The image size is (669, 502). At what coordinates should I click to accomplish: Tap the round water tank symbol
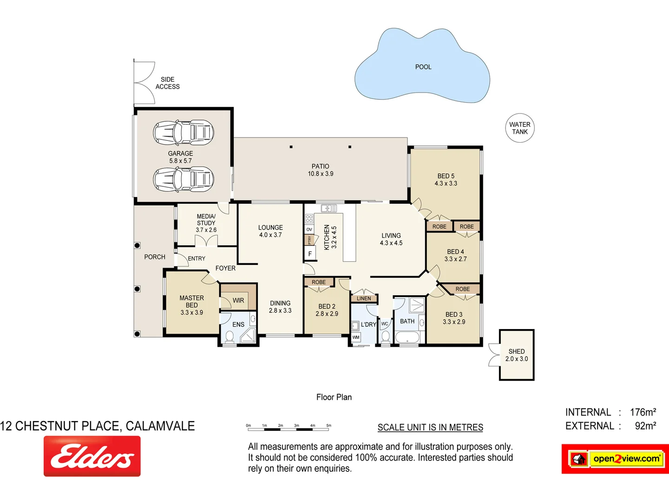pos(519,128)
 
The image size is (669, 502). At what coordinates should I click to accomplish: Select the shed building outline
pos(517,355)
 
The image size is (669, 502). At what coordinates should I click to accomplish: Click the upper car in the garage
pos(184,132)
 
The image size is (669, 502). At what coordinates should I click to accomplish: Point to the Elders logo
pos(92,456)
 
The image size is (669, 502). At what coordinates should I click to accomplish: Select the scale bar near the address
pos(289,425)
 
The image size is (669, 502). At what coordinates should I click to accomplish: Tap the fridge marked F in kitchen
pos(310,254)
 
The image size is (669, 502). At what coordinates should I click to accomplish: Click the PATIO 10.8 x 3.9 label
pos(321,170)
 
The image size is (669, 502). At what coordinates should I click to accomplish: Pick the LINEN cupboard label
pos(364,298)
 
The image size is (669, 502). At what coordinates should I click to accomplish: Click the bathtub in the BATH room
pos(407,337)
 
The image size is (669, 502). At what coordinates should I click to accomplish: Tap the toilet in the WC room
pos(385,337)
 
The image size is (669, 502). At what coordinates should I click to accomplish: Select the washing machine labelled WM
pos(356,337)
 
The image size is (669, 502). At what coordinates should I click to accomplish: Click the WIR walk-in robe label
pos(238,301)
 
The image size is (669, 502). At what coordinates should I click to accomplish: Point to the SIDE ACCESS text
pos(167,83)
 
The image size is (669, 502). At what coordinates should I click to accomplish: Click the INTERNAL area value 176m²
pos(643,412)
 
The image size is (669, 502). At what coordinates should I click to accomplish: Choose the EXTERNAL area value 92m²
pos(645,426)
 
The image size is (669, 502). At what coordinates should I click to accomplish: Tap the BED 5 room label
pos(446,180)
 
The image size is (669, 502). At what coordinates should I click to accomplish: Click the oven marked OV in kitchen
pos(309,230)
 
